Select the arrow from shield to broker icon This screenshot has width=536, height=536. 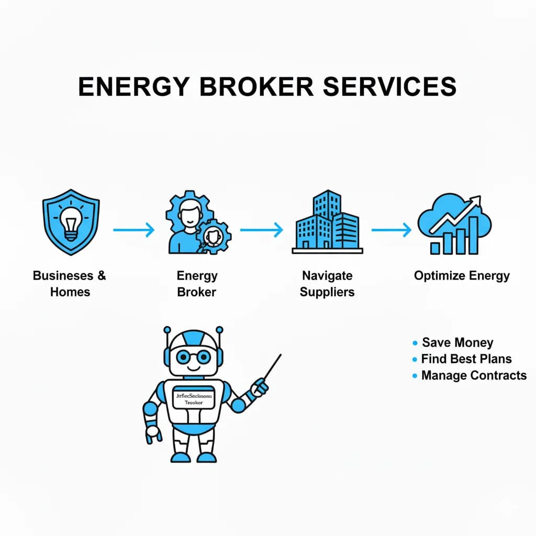(134, 229)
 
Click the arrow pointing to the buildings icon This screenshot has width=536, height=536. (261, 229)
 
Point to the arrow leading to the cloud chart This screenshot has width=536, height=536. (392, 229)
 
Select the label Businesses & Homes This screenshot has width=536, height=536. (70, 283)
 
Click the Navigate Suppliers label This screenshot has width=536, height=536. (327, 283)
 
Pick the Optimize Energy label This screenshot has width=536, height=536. (462, 275)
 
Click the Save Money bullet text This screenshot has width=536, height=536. (457, 342)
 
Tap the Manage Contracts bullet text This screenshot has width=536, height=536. (474, 375)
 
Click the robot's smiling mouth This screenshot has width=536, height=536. (193, 368)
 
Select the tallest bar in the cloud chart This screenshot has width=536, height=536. (473, 236)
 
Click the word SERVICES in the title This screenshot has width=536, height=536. (390, 87)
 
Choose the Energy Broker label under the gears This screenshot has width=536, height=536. (197, 283)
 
